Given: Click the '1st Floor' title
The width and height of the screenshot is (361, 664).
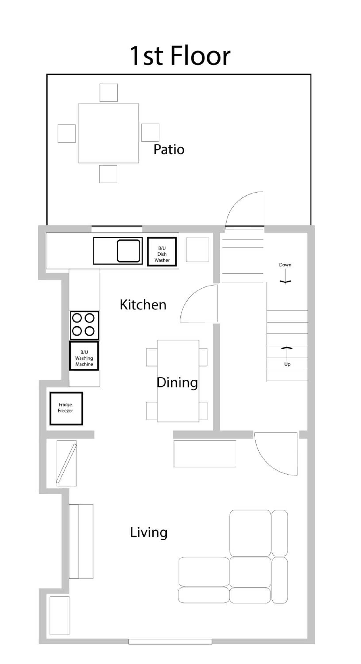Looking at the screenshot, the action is [x=180, y=56].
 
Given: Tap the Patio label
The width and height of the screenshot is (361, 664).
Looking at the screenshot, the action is [x=169, y=149].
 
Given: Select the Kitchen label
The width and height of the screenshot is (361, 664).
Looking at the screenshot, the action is [x=143, y=305].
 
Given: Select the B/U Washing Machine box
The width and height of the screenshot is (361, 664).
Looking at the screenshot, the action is [x=84, y=356].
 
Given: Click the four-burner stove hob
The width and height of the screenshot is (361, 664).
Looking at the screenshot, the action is [x=84, y=325].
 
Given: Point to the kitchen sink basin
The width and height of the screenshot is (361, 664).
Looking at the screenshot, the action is [x=129, y=251].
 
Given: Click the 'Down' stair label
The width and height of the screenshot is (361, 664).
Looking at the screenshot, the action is [x=285, y=265].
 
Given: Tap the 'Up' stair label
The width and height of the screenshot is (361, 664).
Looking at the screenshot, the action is [x=287, y=364].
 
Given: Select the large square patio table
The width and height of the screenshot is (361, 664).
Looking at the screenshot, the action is [x=108, y=133].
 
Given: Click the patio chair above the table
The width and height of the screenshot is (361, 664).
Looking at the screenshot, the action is [x=108, y=93].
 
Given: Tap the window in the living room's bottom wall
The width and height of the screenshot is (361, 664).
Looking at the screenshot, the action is [x=170, y=642].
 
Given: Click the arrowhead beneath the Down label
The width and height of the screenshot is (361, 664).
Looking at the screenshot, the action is [x=285, y=282].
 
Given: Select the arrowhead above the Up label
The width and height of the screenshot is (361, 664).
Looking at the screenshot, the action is [x=287, y=348].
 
